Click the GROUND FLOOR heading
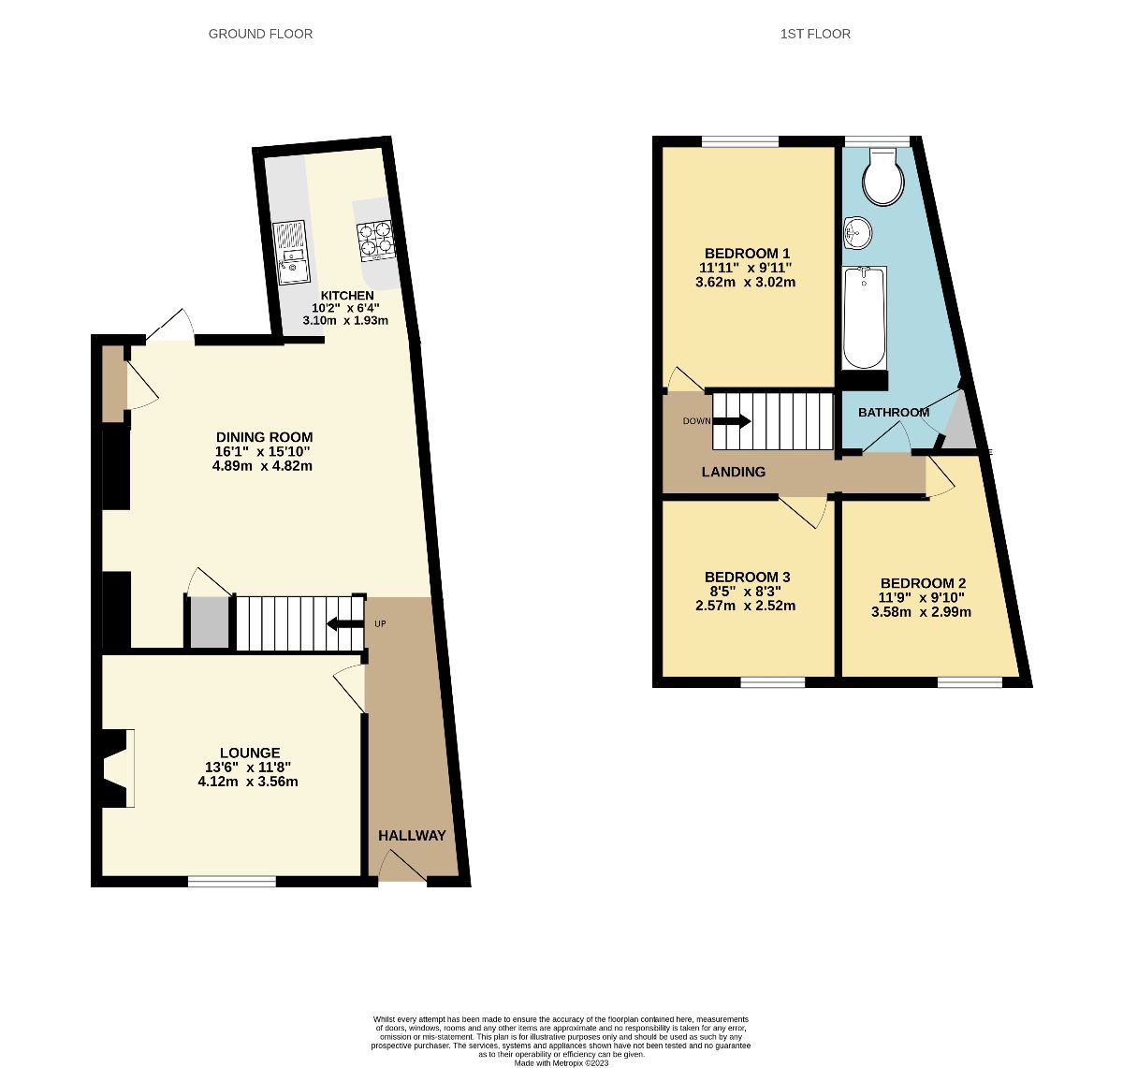coord(260,34)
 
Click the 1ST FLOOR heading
coord(815,34)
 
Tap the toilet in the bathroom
coord(882,178)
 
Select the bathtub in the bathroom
coord(864,317)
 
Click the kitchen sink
coord(291,254)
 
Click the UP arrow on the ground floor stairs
coord(344,624)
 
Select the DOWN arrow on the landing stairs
coord(731,421)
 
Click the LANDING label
coord(734,473)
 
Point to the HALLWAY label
coord(412,835)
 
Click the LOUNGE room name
coord(250,753)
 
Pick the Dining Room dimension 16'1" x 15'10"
coord(263,451)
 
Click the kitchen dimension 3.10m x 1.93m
coord(345,320)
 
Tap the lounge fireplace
coord(116,768)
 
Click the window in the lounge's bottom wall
coord(232,881)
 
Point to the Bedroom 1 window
coord(740,141)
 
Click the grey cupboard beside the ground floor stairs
coord(210,622)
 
